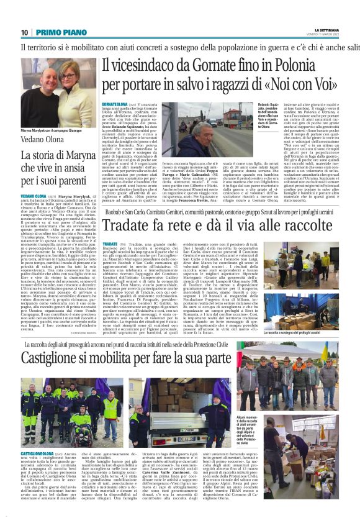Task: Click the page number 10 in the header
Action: click(24, 32)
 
